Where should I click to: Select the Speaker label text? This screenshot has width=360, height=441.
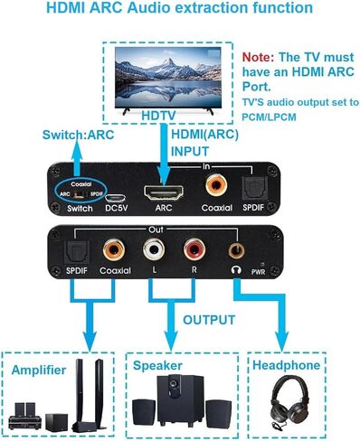coord(158,367)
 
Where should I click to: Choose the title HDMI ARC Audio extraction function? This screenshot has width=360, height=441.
coord(180,8)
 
